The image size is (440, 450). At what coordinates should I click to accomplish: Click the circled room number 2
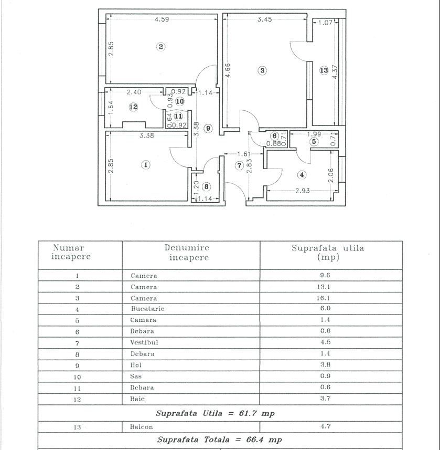[x=161, y=47]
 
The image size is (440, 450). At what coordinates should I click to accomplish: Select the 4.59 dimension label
[x=162, y=20]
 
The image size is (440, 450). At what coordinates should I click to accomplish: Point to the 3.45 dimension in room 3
[x=264, y=20]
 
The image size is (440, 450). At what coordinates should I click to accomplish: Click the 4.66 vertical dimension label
[x=227, y=71]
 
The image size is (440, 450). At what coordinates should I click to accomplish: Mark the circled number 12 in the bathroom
[x=133, y=107]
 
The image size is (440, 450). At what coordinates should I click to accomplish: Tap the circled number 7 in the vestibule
[x=239, y=165]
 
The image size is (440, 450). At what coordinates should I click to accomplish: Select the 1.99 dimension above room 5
[x=314, y=134]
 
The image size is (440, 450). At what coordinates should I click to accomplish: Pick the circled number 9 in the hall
[x=208, y=128]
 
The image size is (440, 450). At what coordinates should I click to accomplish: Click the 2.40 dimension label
[x=135, y=91]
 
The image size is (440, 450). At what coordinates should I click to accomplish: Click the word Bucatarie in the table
[x=147, y=309]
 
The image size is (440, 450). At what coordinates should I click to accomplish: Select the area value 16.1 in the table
[x=325, y=298]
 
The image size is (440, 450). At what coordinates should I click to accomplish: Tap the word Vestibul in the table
[x=144, y=342]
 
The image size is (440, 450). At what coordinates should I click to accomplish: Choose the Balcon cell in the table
[x=142, y=427]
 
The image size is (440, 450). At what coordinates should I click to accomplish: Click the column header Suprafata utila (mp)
[x=328, y=253]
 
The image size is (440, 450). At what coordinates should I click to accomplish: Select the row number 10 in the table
[x=77, y=376]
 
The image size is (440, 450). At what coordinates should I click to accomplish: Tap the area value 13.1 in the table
[x=325, y=287]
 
